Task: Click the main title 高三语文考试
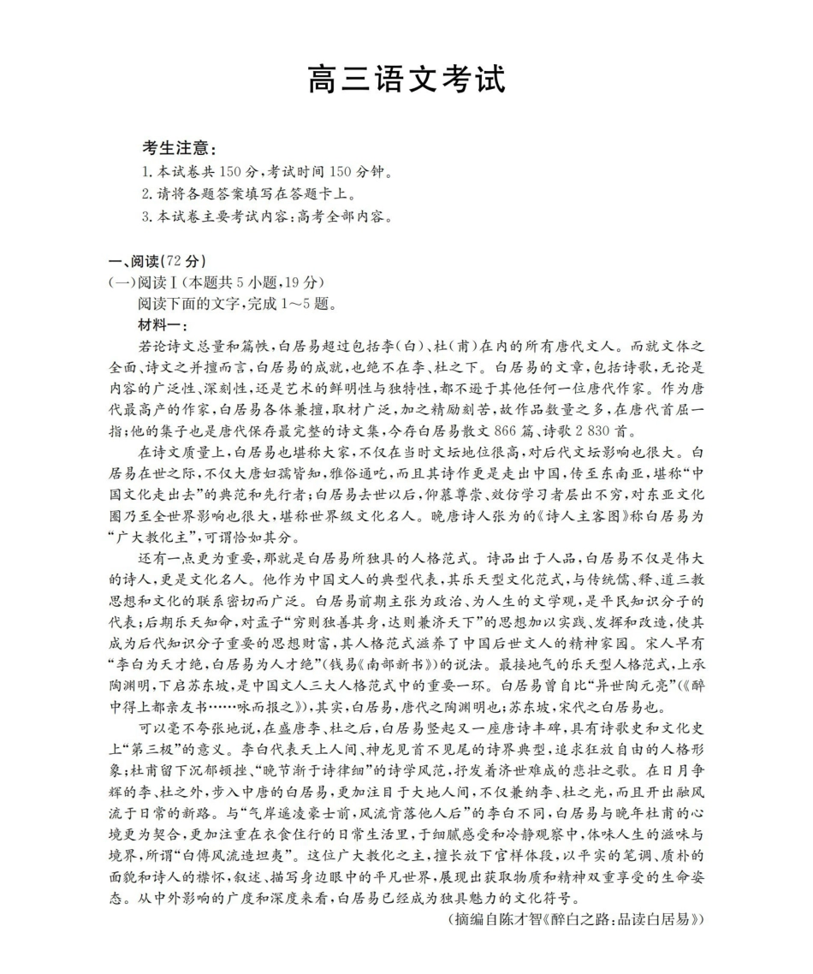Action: pos(406,79)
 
